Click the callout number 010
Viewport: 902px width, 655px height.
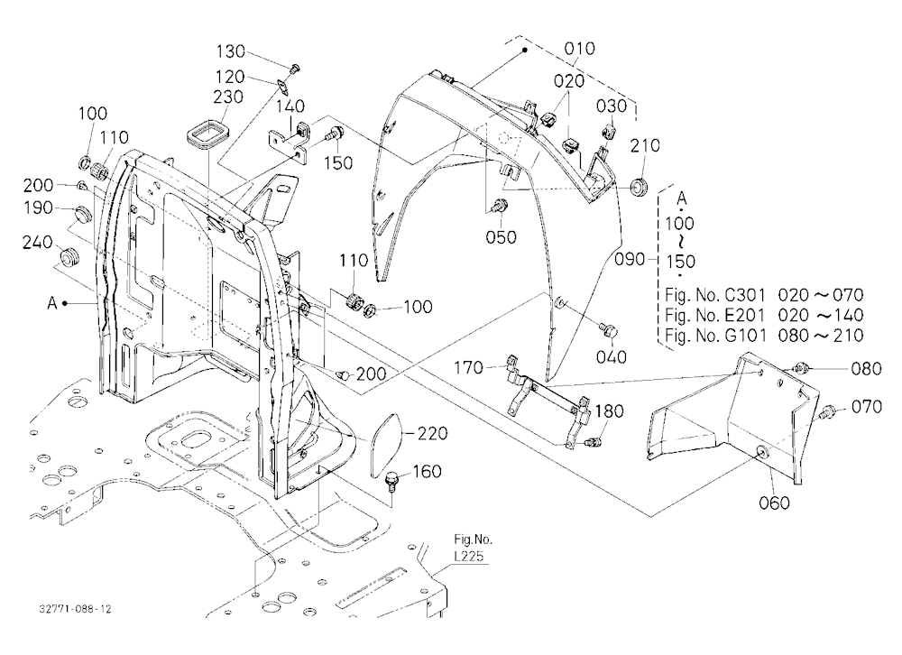tap(579, 49)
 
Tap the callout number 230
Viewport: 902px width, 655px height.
tap(228, 97)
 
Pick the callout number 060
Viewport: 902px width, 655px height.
tap(774, 503)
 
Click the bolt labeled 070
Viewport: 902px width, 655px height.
tap(826, 411)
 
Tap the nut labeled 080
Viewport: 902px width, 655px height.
tap(801, 368)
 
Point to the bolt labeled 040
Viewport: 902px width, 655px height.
tap(609, 330)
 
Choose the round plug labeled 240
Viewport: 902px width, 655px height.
tap(70, 256)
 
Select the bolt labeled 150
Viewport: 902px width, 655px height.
tap(335, 134)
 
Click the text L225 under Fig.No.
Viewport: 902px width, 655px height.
tap(468, 557)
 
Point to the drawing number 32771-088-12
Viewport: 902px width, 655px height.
tap(76, 609)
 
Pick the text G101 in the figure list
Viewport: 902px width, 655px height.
tap(745, 335)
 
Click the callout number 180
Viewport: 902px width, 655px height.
tap(609, 411)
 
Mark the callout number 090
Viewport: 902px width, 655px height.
tap(630, 259)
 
